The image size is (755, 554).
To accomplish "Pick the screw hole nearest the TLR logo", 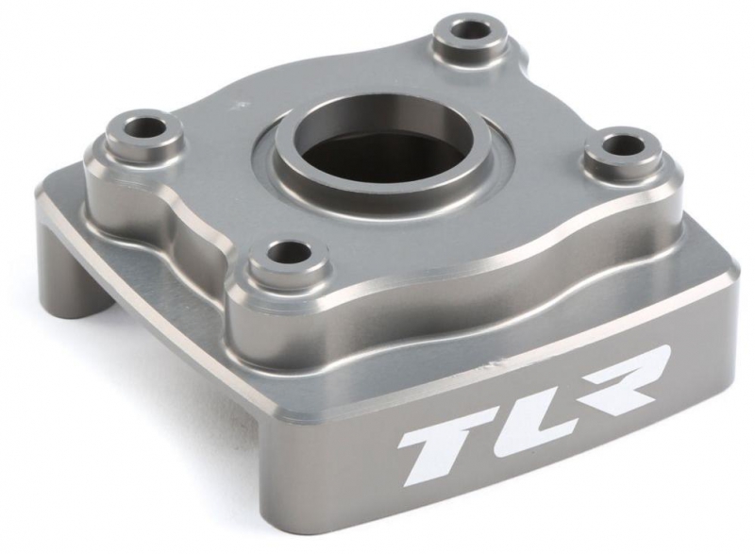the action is (x=289, y=251).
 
